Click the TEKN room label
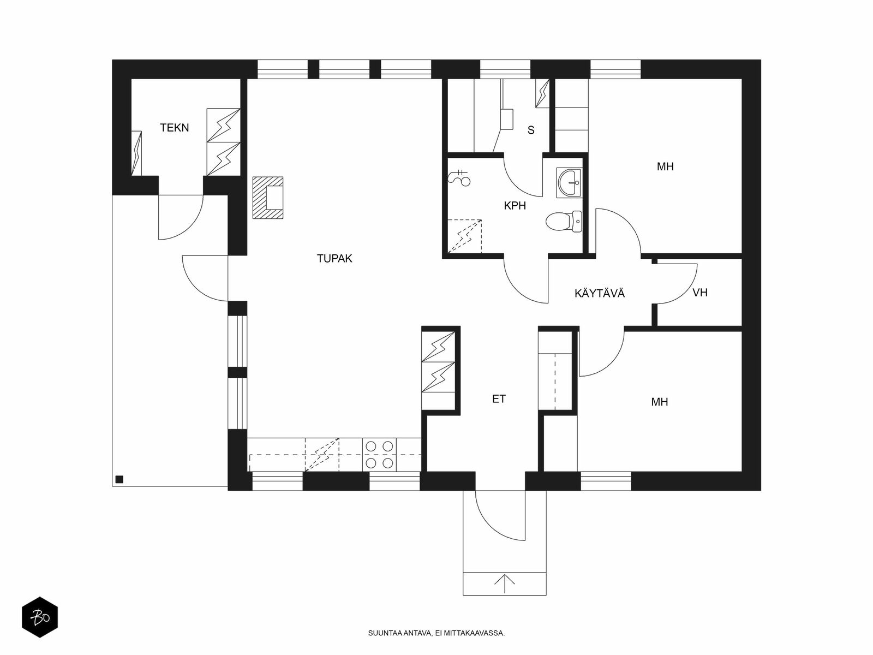(174, 128)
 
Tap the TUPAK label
(334, 259)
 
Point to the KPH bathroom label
(515, 206)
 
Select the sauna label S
(531, 130)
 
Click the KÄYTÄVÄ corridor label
(600, 294)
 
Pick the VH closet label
(700, 293)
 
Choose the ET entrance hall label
(499, 399)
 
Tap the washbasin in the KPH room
(569, 182)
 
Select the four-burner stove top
(379, 455)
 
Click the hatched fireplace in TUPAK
(268, 198)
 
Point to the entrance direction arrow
(505, 585)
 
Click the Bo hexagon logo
(40, 617)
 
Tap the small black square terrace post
(119, 480)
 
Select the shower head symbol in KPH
(459, 178)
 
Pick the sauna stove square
(507, 119)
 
